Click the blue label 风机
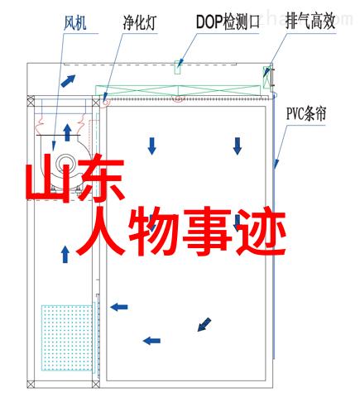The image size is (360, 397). point(75,23)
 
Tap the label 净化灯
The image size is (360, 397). point(140,23)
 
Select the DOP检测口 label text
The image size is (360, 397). point(228,22)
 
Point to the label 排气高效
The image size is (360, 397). point(310,22)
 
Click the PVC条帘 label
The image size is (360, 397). point(306,113)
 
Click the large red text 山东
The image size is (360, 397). point(75,178)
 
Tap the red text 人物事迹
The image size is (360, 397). point(180,231)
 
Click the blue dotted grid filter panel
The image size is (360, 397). point(67,337)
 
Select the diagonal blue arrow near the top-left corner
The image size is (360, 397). point(68,81)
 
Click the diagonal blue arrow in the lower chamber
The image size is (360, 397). point(204,324)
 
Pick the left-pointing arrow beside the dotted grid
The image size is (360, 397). point(119,307)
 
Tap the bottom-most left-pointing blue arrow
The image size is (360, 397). point(151,341)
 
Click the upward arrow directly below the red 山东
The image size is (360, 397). point(65,254)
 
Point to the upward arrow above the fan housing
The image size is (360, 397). point(67,132)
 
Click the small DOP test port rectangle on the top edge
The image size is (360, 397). point(178,67)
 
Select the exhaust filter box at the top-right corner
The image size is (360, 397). point(266,77)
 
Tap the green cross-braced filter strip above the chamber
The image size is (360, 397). point(178,91)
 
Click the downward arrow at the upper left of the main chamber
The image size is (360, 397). point(152,146)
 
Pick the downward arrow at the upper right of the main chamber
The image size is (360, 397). point(238,146)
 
